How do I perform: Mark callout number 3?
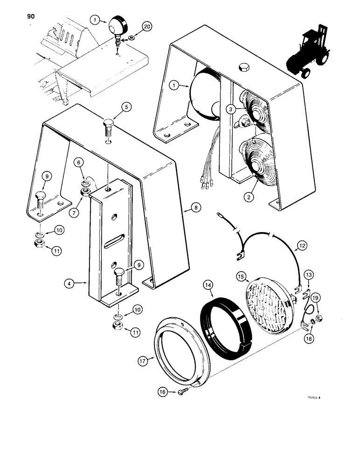coord(230,109)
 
